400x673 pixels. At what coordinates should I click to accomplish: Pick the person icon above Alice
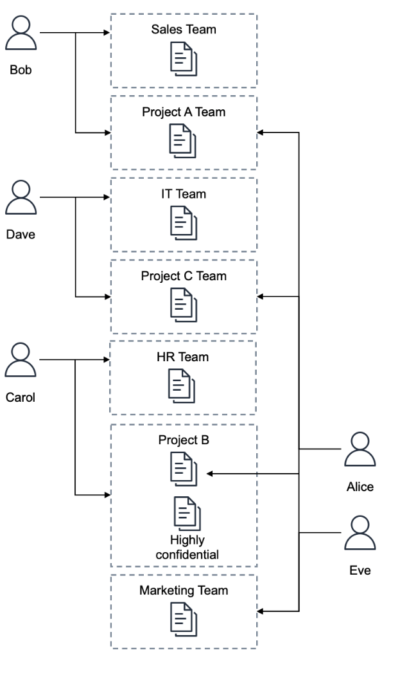[x=360, y=449]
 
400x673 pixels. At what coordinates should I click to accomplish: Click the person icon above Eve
[x=360, y=534]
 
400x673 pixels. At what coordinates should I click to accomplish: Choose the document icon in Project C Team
[x=183, y=305]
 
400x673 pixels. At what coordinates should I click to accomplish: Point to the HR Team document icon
[x=183, y=386]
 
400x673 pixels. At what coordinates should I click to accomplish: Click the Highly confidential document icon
[x=187, y=514]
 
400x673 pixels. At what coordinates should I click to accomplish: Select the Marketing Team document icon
[x=183, y=620]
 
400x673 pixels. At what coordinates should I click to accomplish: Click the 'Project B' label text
[x=184, y=441]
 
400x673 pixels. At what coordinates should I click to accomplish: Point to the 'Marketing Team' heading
[x=184, y=590]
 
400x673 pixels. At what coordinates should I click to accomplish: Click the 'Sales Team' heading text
[x=184, y=29]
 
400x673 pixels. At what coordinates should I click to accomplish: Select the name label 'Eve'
[x=360, y=570]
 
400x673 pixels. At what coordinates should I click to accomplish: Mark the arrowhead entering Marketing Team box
[x=261, y=611]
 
